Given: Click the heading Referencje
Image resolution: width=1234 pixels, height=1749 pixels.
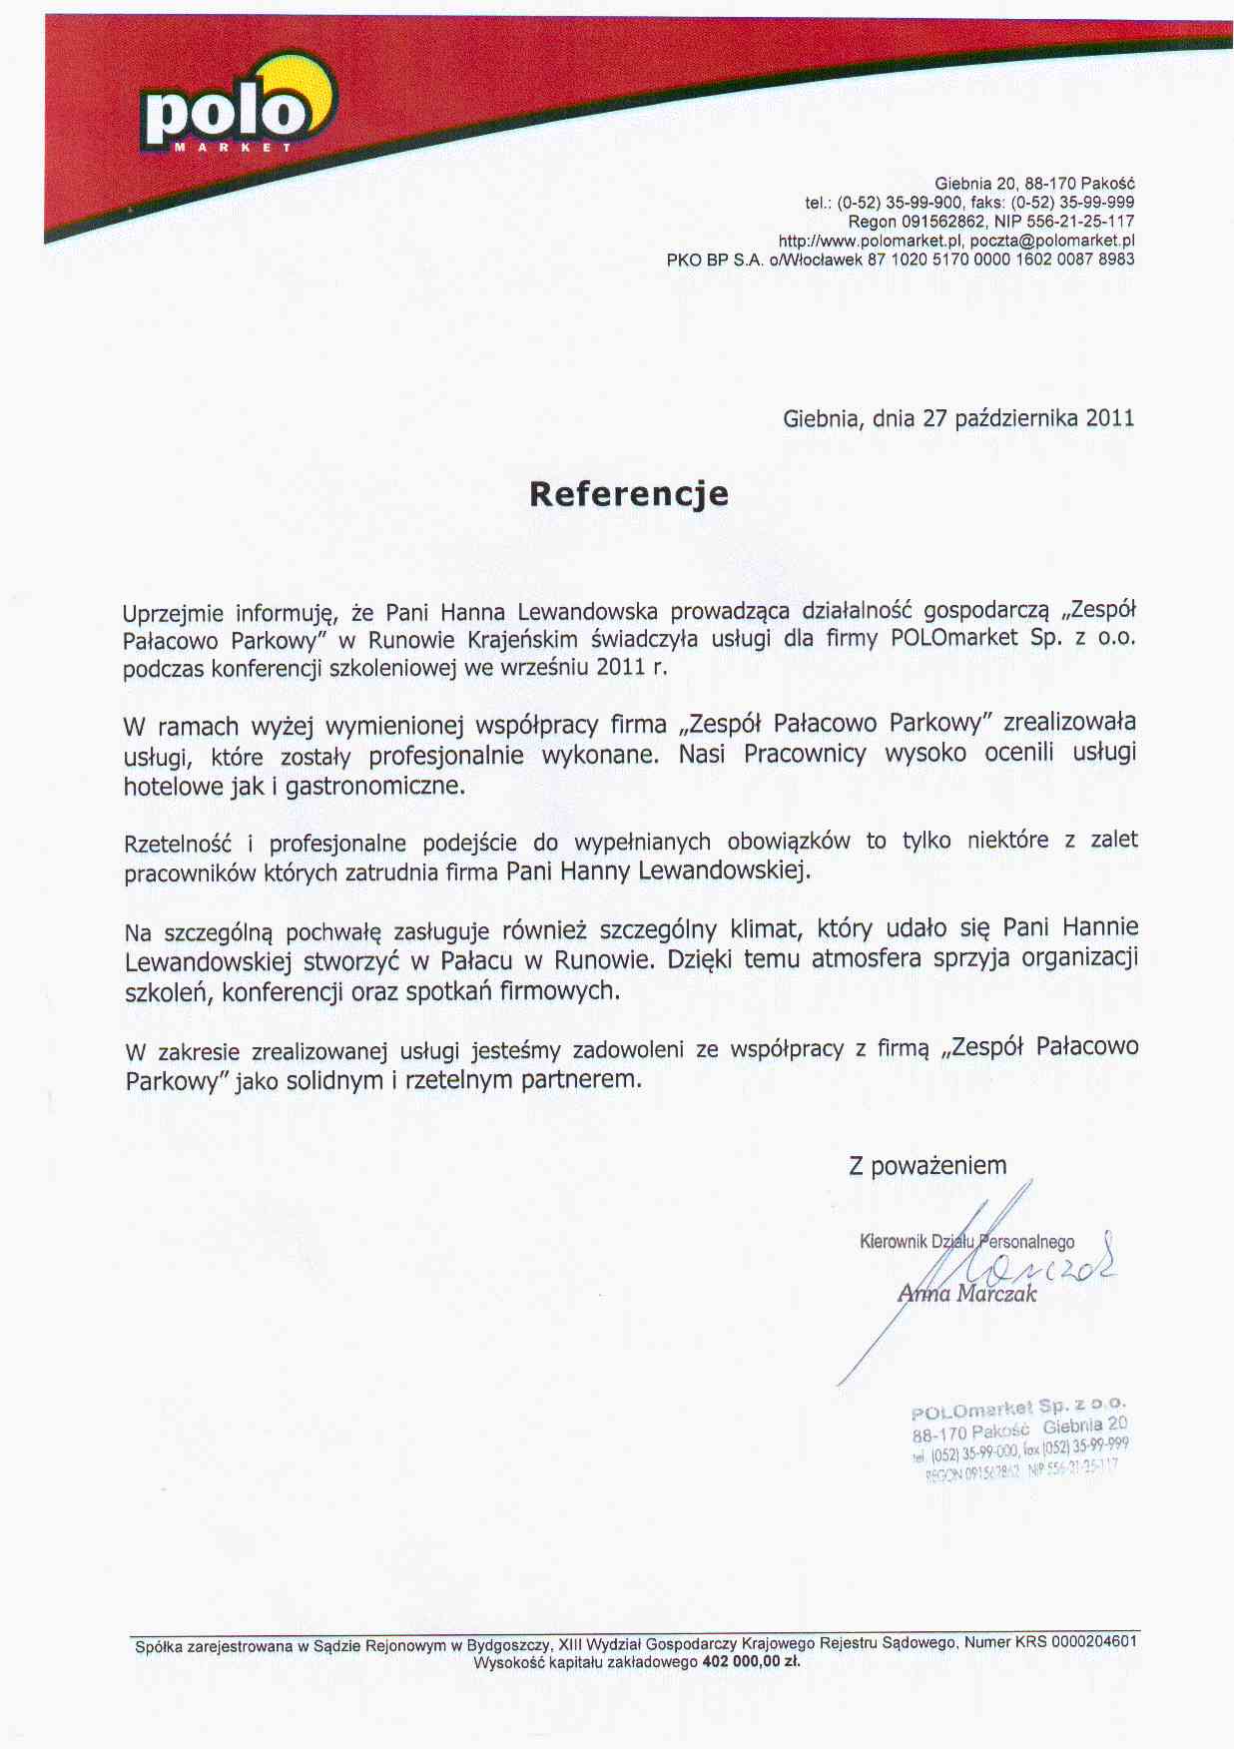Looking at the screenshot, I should [628, 493].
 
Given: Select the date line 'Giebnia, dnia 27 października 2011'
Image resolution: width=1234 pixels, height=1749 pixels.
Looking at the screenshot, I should [958, 418].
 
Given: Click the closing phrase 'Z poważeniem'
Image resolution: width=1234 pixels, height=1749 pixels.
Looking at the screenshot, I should [927, 1165].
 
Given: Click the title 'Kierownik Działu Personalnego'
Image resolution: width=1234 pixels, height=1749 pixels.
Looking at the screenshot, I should [966, 1242].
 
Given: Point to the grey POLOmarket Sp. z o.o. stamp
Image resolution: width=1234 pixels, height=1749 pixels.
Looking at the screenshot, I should [1018, 1438].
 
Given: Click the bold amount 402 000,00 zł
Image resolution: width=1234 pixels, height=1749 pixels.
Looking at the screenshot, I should [751, 1662].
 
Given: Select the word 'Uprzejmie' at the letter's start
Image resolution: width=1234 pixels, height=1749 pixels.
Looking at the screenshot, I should [172, 612].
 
